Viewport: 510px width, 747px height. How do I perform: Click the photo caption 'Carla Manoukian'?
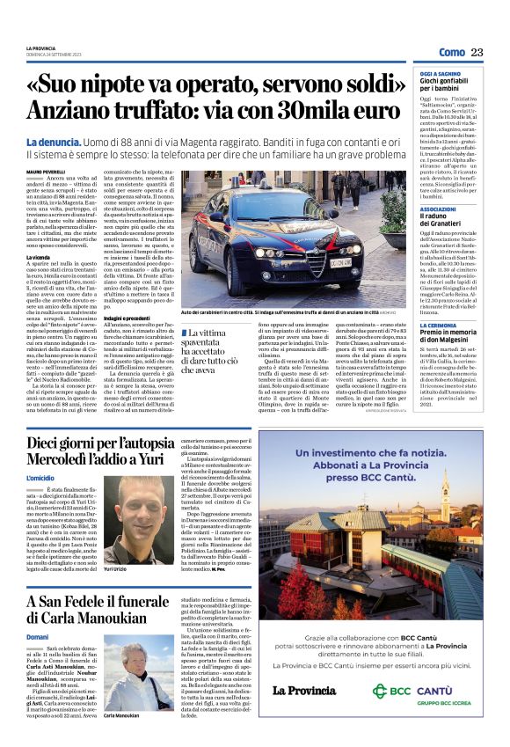122,717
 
